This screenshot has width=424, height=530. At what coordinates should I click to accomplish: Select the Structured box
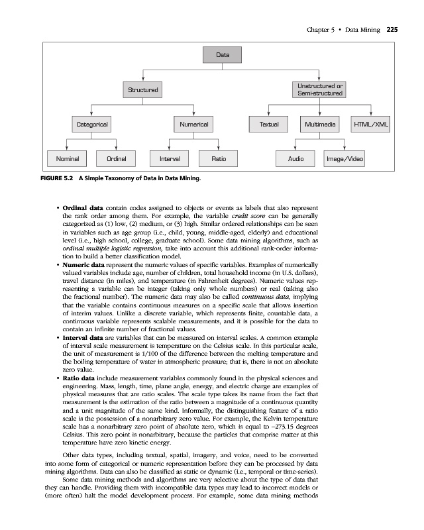point(144,89)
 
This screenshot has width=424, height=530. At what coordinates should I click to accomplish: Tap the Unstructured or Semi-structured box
point(320,89)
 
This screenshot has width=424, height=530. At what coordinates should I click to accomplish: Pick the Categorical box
point(91,124)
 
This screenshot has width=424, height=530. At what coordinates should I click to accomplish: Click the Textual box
point(269,124)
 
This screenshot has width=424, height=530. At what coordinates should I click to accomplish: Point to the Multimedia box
point(320,124)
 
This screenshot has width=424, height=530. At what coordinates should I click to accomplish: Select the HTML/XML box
point(371,124)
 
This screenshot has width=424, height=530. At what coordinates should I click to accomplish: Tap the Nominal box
point(67,159)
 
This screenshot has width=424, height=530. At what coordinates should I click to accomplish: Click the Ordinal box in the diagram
point(117,159)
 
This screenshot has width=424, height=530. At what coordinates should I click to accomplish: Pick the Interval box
point(170,159)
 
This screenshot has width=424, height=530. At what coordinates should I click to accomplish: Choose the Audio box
point(295,159)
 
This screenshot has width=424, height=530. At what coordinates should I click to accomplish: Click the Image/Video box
point(344,159)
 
